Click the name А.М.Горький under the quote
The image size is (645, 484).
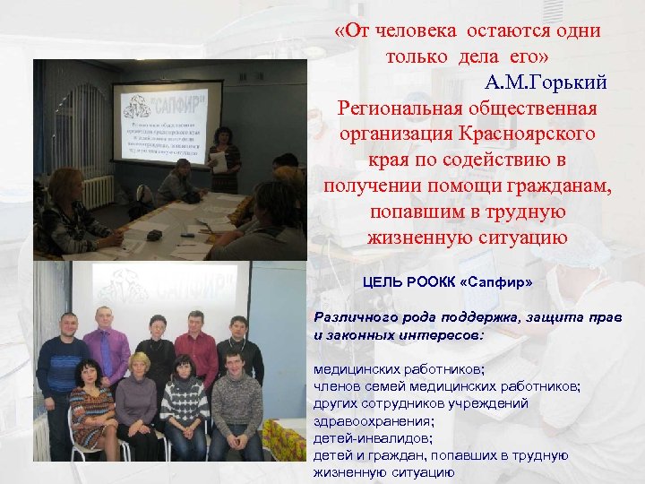click(546, 83)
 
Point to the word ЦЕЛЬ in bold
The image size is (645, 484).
click(383, 282)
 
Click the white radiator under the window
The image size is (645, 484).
click(98, 190)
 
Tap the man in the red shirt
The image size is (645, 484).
click(196, 353)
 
